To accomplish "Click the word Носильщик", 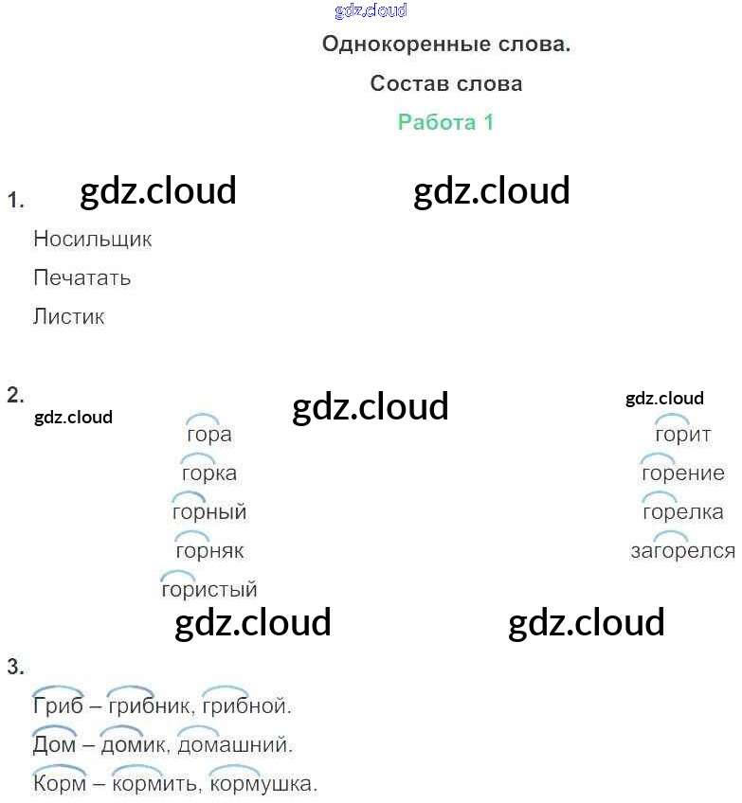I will coord(92,239).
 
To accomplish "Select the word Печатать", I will coord(81,278).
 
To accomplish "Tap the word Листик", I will coord(68,317).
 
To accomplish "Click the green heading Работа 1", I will coord(445,122).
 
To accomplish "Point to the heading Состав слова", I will coord(445,83).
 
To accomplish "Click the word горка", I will coord(208,473).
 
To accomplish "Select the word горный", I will coord(208,512).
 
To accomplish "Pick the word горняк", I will coord(209,551).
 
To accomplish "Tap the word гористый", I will coord(209,590).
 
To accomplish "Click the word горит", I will coord(682,435).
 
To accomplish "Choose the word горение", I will coord(682,473).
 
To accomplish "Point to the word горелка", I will coord(682,512).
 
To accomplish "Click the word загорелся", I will coord(682,551).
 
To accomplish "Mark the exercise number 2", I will coord(15,396).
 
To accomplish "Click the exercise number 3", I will coord(15,668).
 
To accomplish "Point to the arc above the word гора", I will coord(202,419).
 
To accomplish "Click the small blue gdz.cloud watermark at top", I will coord(371,10).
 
